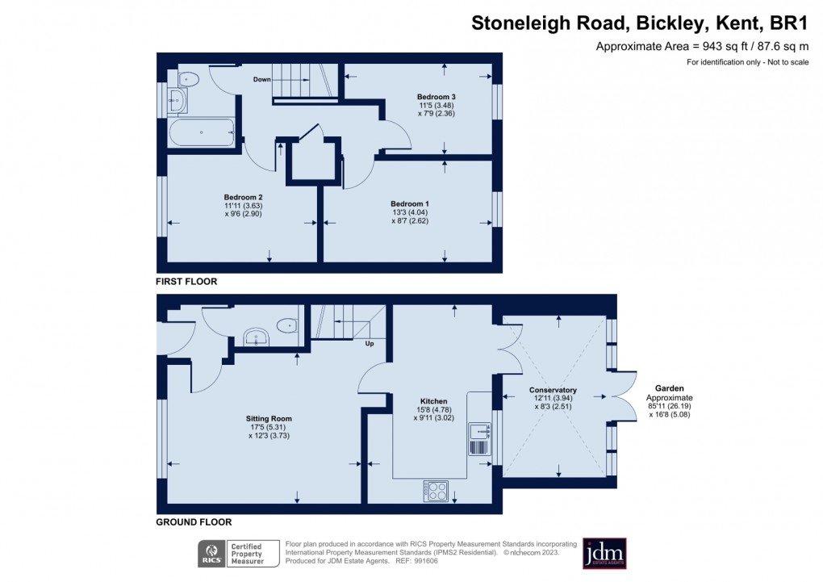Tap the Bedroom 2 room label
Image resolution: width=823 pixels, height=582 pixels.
pos(243,197)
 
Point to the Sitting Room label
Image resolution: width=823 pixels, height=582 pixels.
pos(269,418)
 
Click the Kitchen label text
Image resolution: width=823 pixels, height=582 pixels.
pos(433,401)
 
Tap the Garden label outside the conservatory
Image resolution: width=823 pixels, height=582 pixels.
pos(669,387)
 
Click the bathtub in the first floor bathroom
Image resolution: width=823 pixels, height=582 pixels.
pos(201,132)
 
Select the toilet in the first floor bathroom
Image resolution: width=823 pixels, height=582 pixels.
pos(188,79)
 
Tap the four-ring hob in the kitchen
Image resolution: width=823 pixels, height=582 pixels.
pos(437,489)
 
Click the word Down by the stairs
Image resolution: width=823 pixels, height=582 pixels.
pos(261,80)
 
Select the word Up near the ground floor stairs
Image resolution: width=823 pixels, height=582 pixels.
pos(370,344)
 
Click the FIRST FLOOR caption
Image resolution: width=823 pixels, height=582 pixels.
pos(187,282)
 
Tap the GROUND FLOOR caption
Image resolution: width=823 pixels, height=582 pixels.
pos(194,522)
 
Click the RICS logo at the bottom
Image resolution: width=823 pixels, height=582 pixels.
pos(212,554)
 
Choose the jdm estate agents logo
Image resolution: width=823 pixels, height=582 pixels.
pos(604,554)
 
